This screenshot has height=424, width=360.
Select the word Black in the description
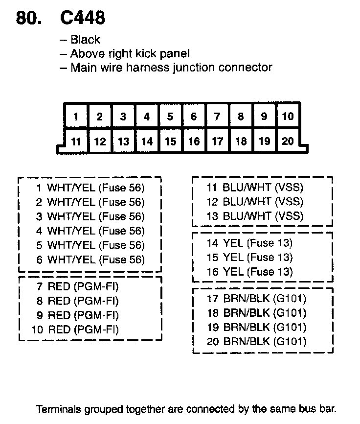[x=85, y=40]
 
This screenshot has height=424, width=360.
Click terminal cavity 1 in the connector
[x=76, y=117]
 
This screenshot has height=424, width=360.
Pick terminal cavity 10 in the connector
[x=288, y=117]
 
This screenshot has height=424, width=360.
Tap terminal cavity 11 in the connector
[x=76, y=141]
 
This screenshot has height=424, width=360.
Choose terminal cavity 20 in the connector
[x=288, y=141]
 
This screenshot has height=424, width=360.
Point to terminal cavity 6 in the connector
[x=194, y=117]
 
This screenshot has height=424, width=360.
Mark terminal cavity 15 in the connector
[x=170, y=141]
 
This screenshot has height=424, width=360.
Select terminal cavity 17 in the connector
[x=217, y=141]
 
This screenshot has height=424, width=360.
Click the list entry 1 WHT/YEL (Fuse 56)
[x=90, y=188]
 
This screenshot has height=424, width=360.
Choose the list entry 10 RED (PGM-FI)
[x=75, y=329]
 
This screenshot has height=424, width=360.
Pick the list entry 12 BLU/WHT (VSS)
[x=255, y=202]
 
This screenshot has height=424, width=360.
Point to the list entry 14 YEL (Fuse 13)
[x=249, y=243]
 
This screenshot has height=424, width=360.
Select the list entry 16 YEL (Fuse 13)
[x=249, y=272]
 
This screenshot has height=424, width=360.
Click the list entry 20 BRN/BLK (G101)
[x=257, y=341]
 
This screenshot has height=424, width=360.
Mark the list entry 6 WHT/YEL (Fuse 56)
[x=90, y=259]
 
